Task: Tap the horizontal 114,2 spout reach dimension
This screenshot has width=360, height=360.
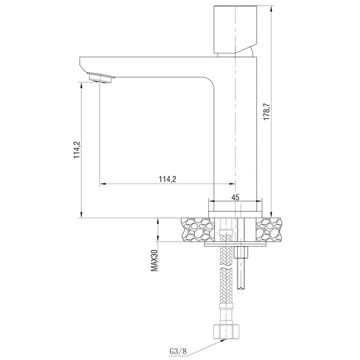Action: [x=167, y=179]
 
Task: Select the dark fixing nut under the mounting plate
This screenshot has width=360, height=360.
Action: [x=241, y=253]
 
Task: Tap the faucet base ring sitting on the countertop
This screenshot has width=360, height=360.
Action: [x=235, y=213]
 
